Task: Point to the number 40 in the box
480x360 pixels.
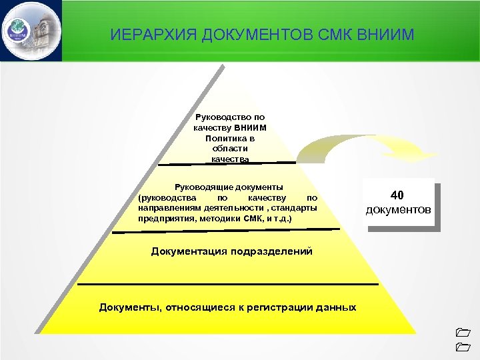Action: click(x=397, y=195)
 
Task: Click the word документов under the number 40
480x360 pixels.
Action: click(x=399, y=210)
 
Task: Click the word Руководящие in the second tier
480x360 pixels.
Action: click(x=201, y=187)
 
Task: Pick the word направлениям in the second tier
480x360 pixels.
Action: click(x=166, y=208)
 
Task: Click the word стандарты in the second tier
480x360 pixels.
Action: click(x=295, y=208)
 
